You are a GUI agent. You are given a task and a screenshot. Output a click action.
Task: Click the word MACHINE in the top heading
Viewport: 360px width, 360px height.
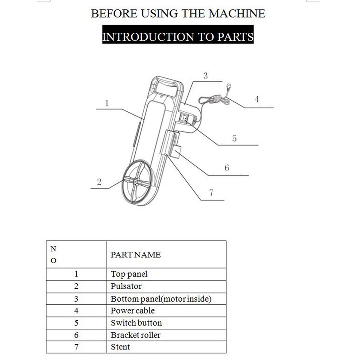point(237,14)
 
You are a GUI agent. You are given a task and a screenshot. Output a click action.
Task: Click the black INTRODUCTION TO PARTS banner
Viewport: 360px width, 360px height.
point(178,37)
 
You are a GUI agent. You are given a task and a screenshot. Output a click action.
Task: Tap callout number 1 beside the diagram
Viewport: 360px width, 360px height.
point(107,103)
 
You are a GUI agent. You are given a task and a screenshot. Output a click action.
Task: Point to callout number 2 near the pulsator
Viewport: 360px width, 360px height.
point(99,182)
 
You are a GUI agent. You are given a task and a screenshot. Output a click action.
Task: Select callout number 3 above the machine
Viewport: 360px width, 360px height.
point(205,76)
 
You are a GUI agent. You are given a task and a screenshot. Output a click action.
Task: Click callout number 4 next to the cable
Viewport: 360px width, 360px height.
point(257,99)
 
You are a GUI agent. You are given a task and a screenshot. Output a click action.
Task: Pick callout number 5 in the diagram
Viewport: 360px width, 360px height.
point(234,139)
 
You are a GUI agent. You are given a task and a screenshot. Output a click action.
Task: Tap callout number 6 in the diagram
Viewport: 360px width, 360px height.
point(227,168)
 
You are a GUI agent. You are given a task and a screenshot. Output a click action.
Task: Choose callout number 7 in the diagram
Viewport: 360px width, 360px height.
point(211,192)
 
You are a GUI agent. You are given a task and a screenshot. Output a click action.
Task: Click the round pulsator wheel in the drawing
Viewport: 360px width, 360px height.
point(137,181)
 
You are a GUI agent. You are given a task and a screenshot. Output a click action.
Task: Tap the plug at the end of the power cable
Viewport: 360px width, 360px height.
point(229,86)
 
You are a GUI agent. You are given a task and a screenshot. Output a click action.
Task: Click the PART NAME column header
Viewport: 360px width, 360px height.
point(135,255)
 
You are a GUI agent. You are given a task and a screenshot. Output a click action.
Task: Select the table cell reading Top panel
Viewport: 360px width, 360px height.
point(129,274)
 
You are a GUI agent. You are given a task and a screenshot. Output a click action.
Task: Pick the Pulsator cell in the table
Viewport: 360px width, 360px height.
point(126,286)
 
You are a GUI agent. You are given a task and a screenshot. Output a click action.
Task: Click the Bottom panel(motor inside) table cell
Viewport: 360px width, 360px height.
point(161,299)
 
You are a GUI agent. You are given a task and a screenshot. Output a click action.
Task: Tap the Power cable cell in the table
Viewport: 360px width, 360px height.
point(133,311)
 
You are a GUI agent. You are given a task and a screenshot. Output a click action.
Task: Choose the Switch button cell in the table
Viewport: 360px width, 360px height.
point(136,323)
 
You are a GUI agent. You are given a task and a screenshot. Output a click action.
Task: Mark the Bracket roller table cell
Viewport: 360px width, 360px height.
point(135,335)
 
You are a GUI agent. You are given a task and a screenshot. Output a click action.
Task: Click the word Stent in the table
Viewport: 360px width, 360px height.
point(120,347)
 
